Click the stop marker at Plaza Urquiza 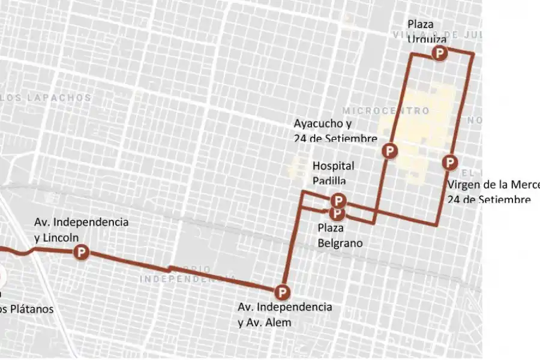pyautogui.click(x=440, y=54)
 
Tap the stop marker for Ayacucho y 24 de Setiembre pyautogui.click(x=390, y=150)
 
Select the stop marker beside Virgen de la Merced pyautogui.click(x=449, y=162)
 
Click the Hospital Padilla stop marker pyautogui.click(x=338, y=200)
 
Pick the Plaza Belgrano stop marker pyautogui.click(x=337, y=212)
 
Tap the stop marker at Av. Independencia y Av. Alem pyautogui.click(x=281, y=293)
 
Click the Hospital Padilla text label pyautogui.click(x=333, y=172)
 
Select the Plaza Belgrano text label pyautogui.click(x=340, y=235)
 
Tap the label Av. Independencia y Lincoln pyautogui.click(x=81, y=229)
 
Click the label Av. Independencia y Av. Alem pyautogui.click(x=284, y=314)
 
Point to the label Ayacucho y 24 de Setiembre pyautogui.click(x=335, y=131)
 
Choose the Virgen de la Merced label pyautogui.click(x=492, y=191)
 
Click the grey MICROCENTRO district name pyautogui.click(x=386, y=111)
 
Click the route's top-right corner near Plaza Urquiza pyautogui.click(x=473, y=54)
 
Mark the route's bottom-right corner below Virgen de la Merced pyautogui.click(x=437, y=225)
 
